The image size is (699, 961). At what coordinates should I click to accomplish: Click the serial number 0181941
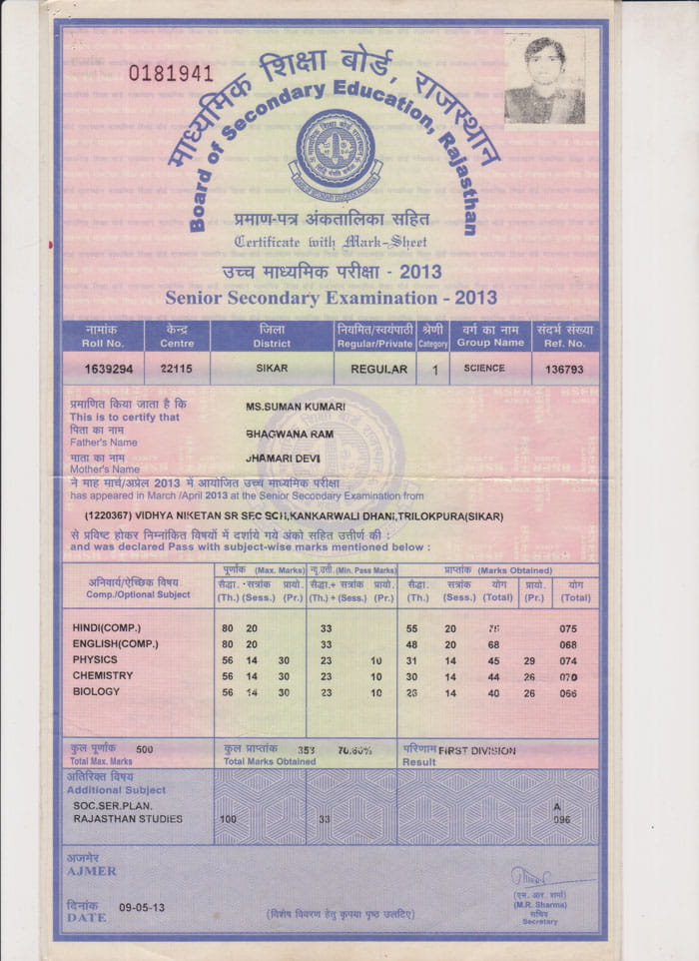click(x=171, y=73)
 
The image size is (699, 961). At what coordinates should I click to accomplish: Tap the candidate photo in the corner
click(x=544, y=80)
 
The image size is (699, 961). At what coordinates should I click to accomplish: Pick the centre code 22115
click(x=176, y=369)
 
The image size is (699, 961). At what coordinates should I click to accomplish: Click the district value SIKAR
click(x=272, y=369)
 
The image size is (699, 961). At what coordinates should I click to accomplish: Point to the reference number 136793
click(x=564, y=369)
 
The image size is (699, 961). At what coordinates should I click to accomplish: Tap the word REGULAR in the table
click(x=378, y=369)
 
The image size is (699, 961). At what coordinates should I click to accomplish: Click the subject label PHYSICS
click(x=95, y=660)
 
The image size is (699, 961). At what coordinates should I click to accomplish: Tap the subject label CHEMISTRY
click(x=102, y=676)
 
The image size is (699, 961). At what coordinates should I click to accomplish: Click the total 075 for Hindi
click(x=568, y=629)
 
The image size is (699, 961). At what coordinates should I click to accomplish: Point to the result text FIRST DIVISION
click(x=477, y=750)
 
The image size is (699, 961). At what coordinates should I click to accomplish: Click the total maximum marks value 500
click(x=145, y=749)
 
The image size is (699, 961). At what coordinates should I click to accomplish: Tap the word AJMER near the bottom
click(x=91, y=871)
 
